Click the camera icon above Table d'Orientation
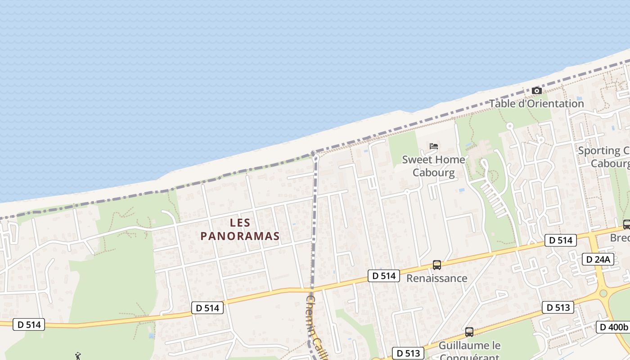(536, 91)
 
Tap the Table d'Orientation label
(536, 103)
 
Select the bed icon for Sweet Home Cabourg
(434, 146)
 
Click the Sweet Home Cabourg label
(434, 166)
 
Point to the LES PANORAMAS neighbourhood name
(240, 229)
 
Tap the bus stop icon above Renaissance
(436, 265)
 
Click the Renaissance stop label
(436, 279)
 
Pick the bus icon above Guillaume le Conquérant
(469, 332)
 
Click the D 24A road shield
(598, 259)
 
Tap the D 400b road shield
(612, 327)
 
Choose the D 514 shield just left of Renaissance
(384, 276)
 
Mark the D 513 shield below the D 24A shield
(558, 308)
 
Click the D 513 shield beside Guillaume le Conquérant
(409, 353)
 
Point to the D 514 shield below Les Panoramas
(207, 308)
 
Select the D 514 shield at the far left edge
(29, 324)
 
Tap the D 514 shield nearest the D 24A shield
(561, 240)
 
